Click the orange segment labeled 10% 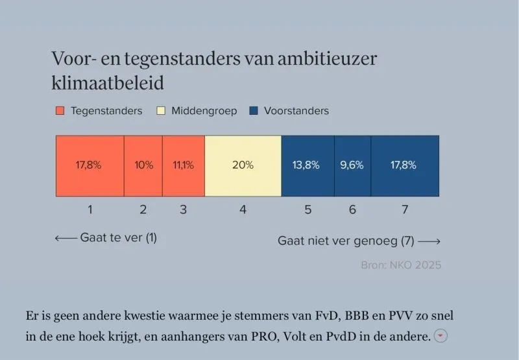click(143, 166)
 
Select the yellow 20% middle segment click(243, 166)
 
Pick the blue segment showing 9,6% click(352, 166)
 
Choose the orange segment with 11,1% click(184, 166)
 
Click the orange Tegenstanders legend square click(60, 110)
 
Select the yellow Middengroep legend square click(161, 110)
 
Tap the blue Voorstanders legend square click(254, 110)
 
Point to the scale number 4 click(243, 210)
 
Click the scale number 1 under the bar click(90, 210)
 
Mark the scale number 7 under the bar click(405, 210)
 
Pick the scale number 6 click(352, 210)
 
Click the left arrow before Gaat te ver click(66, 238)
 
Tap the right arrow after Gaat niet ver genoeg click(429, 241)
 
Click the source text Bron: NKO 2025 click(401, 265)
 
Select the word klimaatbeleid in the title click(108, 83)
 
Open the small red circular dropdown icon click(441, 335)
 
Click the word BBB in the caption click(357, 316)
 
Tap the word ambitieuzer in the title click(327, 58)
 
